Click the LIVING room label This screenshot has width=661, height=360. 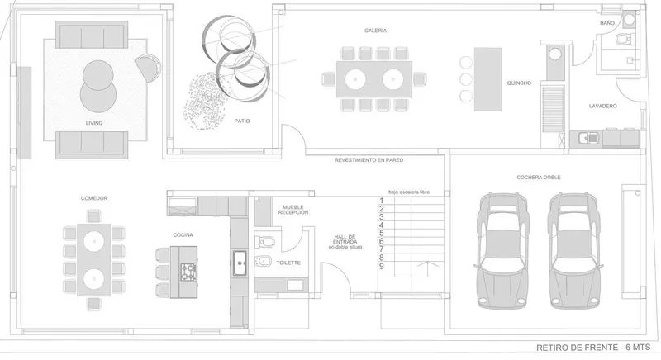[94, 123]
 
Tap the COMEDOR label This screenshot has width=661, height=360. [94, 198]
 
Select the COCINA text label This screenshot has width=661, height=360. [183, 235]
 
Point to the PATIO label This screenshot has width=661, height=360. [242, 121]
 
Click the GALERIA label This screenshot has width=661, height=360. [376, 31]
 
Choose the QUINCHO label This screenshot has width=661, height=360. [519, 83]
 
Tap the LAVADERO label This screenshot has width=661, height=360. [603, 107]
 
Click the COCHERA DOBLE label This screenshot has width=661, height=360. [539, 178]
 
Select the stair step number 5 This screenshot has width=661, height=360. [381, 234]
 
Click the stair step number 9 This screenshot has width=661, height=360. [381, 266]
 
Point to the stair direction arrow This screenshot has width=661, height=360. [428, 268]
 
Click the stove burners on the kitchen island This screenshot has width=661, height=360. [188, 272]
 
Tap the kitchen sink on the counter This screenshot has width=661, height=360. [240, 263]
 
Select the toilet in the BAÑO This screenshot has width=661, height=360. [623, 40]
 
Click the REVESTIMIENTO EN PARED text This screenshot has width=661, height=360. [369, 160]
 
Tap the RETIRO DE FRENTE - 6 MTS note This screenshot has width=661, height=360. [593, 348]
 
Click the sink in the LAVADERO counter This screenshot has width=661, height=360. [588, 138]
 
